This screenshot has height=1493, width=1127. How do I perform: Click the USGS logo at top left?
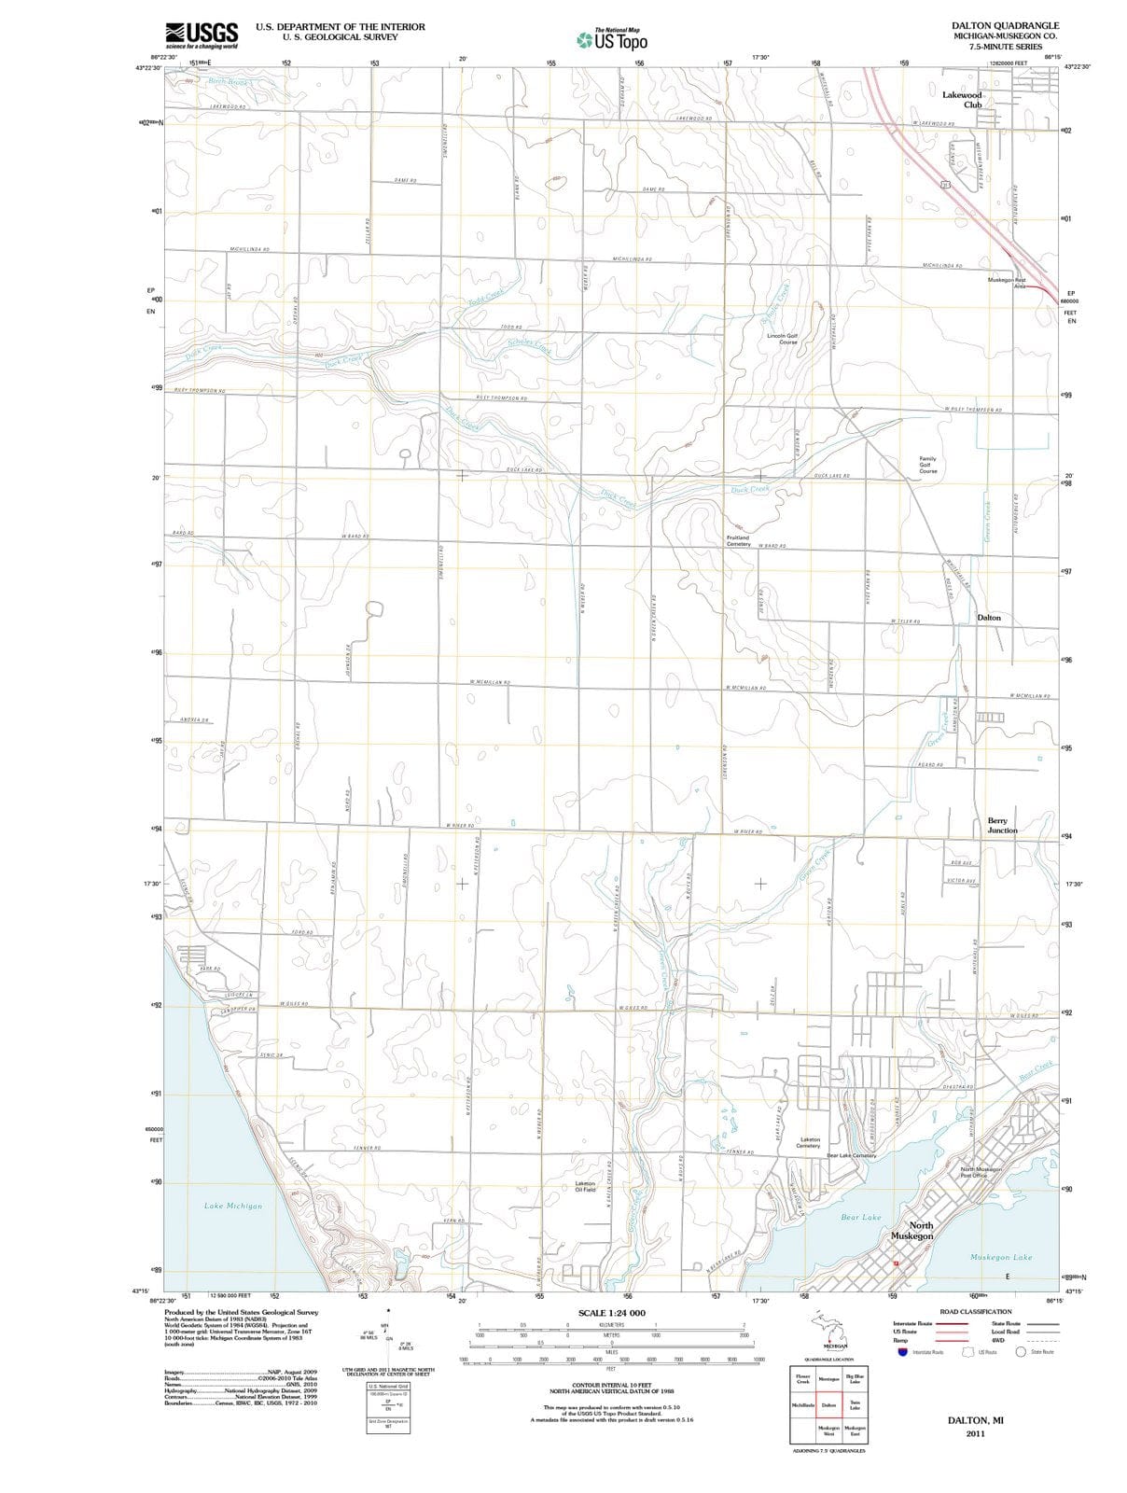201,35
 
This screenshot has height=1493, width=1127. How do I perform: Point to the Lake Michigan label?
233,1206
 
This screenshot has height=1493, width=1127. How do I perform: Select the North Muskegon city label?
911,1230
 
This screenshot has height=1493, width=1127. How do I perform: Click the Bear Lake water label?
860,1217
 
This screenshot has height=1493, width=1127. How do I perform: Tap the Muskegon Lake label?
1001,1257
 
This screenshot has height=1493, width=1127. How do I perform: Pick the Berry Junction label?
1002,825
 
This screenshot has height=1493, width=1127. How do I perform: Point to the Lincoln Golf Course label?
782,339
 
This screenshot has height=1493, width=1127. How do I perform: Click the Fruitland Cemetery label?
737,540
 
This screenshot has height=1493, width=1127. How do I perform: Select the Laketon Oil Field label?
585,1186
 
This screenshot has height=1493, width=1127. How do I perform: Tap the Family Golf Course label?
927,465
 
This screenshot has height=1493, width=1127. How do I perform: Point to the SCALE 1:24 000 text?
611,1313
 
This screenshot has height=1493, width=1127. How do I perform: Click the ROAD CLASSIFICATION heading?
975,1311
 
